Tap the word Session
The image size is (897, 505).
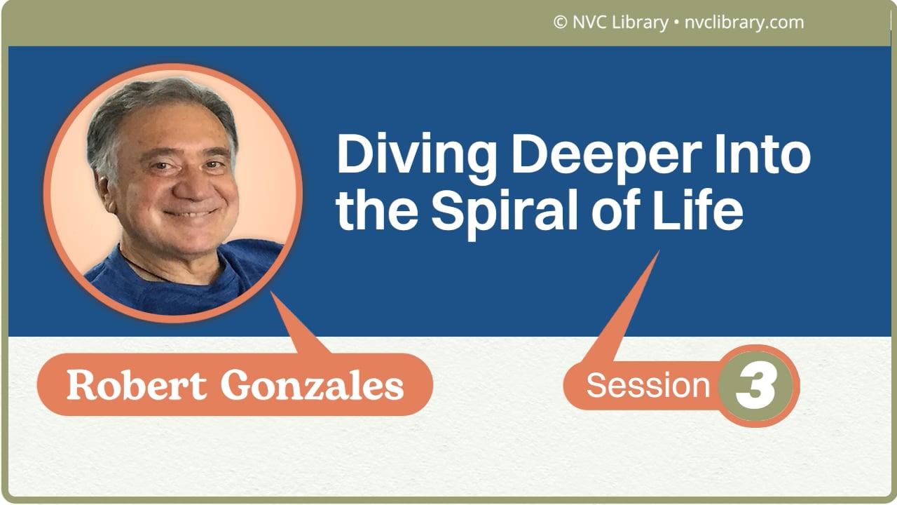click(x=648, y=385)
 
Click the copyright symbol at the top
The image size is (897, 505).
click(x=560, y=22)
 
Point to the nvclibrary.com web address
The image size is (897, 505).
click(x=744, y=22)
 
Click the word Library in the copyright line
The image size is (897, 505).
click(x=639, y=22)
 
